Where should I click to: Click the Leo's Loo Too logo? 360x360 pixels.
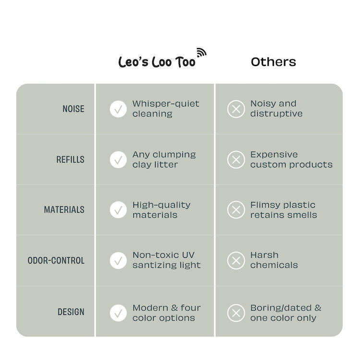point(162,58)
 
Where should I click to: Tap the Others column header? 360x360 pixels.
point(273,62)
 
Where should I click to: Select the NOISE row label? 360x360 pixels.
point(73,109)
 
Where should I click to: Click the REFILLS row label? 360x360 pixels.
point(70,159)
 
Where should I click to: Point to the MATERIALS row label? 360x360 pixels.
point(64,210)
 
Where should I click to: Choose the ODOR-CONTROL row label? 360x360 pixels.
point(56,261)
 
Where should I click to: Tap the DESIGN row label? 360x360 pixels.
point(71,312)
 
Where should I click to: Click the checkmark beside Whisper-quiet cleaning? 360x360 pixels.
point(118,109)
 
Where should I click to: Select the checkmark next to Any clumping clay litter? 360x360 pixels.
point(118,159)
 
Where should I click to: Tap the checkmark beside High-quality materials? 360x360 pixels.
point(118,210)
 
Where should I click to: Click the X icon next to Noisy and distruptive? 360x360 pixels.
point(236,109)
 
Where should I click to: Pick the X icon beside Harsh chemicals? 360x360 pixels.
point(236,261)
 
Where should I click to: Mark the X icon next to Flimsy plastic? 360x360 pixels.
point(236,210)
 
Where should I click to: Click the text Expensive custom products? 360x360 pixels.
point(291,159)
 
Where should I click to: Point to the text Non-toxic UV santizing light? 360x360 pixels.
point(167,260)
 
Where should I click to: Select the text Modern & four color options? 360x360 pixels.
point(167,312)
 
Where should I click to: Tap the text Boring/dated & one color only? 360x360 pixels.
point(286,312)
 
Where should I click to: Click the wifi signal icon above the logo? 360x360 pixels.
point(202,52)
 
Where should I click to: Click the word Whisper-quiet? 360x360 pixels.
point(166,104)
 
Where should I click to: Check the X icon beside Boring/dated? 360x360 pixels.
point(236,313)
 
